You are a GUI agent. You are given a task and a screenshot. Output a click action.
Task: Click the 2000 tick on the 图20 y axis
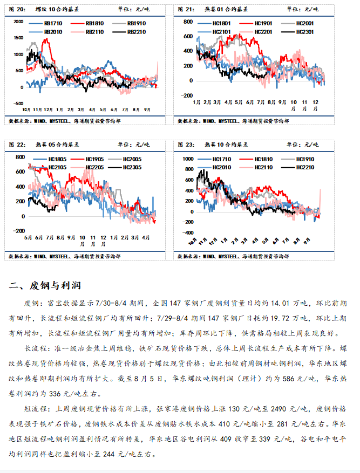(18, 21)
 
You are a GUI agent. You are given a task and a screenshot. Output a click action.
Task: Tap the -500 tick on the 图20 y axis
(17, 103)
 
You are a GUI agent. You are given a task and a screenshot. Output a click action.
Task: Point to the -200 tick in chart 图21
(187, 95)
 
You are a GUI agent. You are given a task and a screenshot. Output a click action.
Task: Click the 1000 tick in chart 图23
(187, 159)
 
